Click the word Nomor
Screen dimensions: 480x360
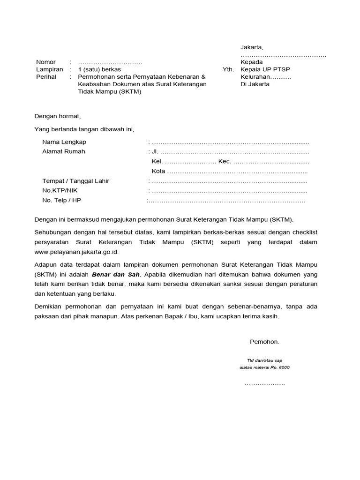point(46,62)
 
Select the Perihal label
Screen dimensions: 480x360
point(46,77)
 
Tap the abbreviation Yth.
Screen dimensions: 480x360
point(228,69)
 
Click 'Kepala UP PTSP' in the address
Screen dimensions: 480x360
point(265,69)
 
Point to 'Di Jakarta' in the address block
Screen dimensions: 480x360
point(255,84)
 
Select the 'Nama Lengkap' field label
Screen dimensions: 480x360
point(64,142)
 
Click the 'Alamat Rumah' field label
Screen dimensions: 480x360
point(64,151)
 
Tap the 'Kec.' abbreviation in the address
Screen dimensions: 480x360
point(225,161)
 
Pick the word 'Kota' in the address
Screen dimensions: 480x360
point(158,171)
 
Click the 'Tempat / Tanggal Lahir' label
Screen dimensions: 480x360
point(75,181)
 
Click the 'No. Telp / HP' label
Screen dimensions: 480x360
point(61,200)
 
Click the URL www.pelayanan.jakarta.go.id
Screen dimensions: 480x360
point(76,252)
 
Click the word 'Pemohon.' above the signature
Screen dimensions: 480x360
point(264,342)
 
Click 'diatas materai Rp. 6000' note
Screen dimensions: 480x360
point(264,367)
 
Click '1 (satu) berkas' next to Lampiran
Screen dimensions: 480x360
point(99,69)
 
